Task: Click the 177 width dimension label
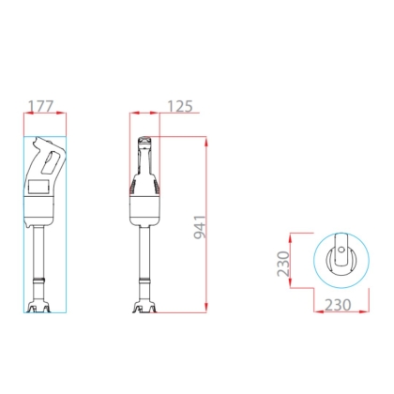pos(41,106)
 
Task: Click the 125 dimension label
pos(180,106)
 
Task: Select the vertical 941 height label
pos(200,227)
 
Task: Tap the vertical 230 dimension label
pos(283,264)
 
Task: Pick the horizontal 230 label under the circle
pos(338,305)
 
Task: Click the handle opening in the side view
pos(50,162)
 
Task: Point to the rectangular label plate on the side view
pos(38,187)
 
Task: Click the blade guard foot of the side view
pos(39,307)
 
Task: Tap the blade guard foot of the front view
pos(144,307)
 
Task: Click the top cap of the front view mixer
pos(144,142)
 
